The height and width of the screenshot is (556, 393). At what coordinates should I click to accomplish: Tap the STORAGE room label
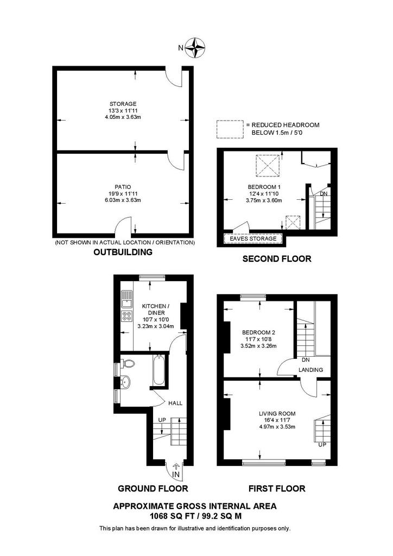click(123, 104)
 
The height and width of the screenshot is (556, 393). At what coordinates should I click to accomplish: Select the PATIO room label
click(123, 187)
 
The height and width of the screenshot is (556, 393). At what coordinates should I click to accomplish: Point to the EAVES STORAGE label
click(253, 239)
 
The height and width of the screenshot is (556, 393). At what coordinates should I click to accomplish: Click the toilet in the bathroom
click(128, 363)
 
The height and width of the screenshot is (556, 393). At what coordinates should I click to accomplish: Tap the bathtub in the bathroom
click(159, 370)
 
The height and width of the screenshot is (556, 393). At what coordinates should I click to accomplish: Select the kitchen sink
click(126, 299)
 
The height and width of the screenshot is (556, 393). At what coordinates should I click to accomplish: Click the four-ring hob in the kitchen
click(126, 316)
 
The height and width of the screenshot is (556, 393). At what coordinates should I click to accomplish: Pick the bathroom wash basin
click(125, 382)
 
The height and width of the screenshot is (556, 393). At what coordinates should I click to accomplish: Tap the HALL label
click(175, 403)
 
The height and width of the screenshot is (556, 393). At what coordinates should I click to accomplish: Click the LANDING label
click(311, 370)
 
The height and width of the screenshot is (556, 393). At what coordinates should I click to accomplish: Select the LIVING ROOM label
click(277, 413)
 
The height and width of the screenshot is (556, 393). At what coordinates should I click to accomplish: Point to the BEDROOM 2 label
click(259, 333)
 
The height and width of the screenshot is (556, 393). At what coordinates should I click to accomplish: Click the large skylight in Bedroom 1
click(268, 166)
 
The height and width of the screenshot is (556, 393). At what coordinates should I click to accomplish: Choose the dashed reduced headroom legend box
click(230, 129)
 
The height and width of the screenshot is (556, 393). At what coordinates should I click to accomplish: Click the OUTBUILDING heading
click(123, 252)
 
